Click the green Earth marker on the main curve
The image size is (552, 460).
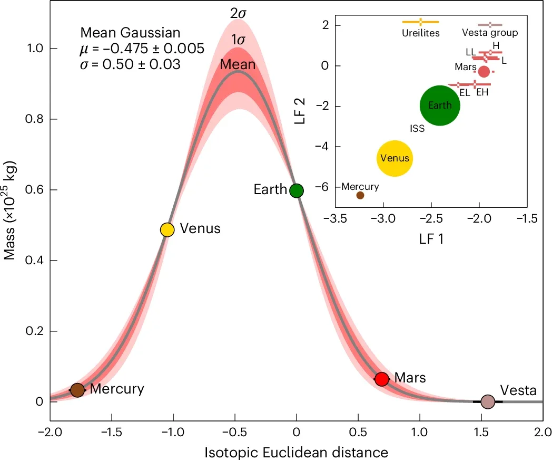297,190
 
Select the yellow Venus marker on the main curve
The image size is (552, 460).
167,229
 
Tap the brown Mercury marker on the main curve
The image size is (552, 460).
77,390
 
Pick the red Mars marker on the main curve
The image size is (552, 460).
381,379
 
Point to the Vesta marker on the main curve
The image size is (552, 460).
488,401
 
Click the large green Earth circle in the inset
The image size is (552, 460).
440,106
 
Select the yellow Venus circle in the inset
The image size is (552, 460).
395,158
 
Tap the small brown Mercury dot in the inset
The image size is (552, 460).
360,195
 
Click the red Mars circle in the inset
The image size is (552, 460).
484,71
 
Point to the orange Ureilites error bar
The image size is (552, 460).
420,22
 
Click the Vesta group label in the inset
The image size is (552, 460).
490,33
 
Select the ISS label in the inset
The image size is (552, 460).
417,128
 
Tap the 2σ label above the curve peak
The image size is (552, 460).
238,14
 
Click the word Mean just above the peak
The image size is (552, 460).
238,64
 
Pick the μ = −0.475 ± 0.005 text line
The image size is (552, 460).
142,49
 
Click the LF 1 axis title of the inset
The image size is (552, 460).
431,239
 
